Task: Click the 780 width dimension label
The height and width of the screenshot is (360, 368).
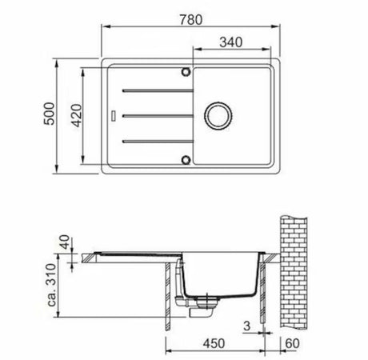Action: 191,20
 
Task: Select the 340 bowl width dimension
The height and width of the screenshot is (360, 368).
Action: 231,42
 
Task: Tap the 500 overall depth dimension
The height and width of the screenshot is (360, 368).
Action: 50,114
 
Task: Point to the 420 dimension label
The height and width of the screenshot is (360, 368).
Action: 77,115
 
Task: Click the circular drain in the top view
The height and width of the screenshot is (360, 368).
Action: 219,116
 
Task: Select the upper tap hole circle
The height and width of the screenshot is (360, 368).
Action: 186,72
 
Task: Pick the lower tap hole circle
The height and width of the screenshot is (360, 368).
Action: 186,160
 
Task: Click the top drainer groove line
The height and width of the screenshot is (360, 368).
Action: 158,90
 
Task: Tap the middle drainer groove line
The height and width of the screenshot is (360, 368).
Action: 158,116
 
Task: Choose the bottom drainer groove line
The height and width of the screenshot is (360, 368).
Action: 158,141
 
